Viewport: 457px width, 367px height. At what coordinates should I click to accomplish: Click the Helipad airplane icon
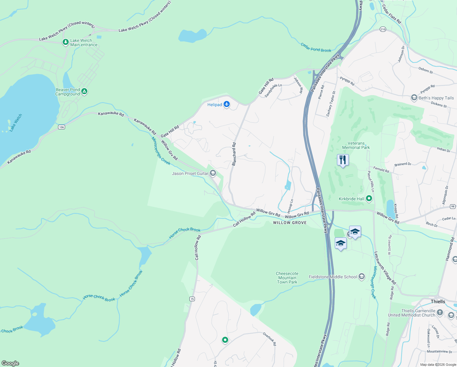[226, 104]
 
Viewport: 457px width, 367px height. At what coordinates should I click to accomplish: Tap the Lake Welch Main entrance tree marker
[65, 42]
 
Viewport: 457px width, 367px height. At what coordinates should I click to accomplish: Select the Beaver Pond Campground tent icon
[84, 91]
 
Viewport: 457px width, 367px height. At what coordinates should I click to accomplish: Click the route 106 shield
[61, 127]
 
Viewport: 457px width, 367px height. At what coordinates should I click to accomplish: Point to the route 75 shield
[192, 299]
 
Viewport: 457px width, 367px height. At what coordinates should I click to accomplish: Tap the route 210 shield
[383, 29]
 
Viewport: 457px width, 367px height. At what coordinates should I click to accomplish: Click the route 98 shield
[453, 206]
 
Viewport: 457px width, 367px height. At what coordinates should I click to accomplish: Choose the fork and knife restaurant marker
[343, 160]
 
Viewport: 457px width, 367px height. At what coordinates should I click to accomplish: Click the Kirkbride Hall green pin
[369, 198]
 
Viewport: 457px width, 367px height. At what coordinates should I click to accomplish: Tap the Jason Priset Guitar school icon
[213, 173]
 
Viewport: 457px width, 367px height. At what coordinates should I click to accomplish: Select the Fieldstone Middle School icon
[362, 277]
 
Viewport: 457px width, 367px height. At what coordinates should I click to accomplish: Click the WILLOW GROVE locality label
[290, 223]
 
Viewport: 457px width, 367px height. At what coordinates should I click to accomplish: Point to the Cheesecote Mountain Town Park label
[287, 278]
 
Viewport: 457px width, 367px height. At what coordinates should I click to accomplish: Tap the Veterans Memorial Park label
[356, 145]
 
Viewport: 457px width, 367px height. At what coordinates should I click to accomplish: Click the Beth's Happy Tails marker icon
[414, 98]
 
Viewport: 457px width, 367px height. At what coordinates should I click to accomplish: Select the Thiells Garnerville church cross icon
[440, 312]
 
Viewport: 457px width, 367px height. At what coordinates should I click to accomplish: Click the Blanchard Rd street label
[234, 154]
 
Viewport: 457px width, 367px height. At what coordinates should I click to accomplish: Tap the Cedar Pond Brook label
[316, 48]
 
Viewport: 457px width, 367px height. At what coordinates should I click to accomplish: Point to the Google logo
[10, 363]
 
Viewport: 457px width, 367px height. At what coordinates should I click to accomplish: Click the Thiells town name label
[438, 302]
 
